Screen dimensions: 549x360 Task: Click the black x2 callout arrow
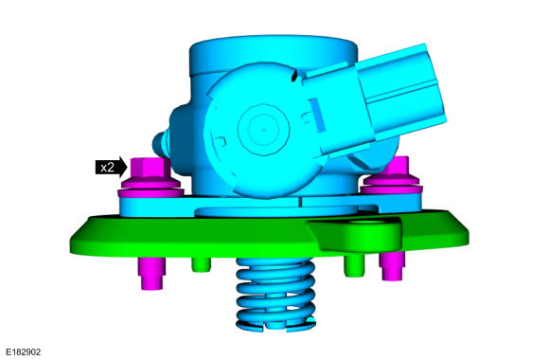111,167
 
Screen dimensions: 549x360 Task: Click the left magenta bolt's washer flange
151,189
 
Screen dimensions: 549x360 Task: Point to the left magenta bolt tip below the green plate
151,274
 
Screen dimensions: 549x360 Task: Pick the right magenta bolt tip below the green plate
392,266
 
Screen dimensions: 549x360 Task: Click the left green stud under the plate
202,264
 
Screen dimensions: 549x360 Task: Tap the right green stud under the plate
354,265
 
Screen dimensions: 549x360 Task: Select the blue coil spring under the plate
275,295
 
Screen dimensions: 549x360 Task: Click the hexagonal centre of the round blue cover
263,130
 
